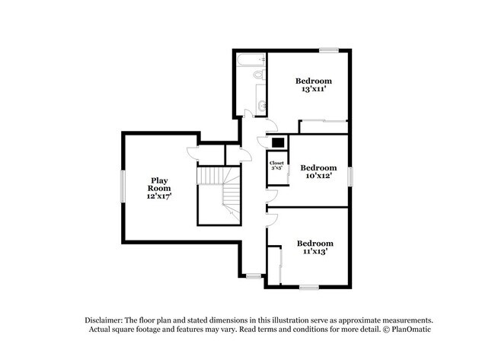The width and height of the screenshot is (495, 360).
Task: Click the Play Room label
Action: (159, 184)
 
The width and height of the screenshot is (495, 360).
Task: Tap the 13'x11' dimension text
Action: (314, 89)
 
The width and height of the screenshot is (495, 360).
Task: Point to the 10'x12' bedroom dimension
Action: (318, 176)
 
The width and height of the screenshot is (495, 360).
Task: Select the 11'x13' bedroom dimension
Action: (315, 251)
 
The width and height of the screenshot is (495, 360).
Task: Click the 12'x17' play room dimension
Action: (159, 196)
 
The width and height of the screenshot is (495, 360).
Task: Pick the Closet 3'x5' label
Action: (276, 166)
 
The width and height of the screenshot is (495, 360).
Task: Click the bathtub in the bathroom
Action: (251, 60)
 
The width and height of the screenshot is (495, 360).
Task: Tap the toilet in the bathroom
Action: (259, 75)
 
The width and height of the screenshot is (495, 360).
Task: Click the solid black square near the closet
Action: (279, 143)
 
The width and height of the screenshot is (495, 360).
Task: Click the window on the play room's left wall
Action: (123, 186)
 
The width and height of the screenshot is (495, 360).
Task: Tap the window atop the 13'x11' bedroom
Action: (329, 50)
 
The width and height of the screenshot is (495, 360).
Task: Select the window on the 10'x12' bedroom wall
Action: (350, 177)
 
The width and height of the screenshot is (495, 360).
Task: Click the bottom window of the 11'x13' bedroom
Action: (309, 287)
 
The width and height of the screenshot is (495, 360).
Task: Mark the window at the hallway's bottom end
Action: (254, 276)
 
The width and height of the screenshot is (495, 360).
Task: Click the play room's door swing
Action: (192, 152)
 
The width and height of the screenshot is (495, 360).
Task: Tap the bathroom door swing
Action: (247, 113)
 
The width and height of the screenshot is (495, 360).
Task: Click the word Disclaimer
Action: (104, 320)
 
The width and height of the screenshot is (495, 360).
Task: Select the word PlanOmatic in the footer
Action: (411, 330)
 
